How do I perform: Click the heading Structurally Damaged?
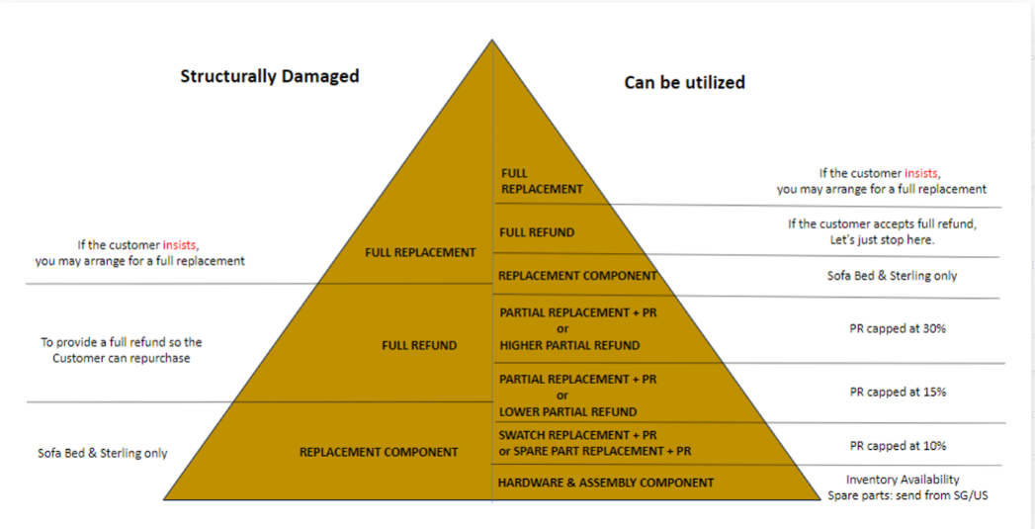point(269,76)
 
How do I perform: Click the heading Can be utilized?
point(684,83)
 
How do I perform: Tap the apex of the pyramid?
point(492,42)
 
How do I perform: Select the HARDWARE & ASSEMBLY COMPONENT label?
point(605,483)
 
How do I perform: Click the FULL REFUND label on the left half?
point(419,345)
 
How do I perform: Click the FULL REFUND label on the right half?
point(537,232)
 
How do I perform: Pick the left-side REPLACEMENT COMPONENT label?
point(379,452)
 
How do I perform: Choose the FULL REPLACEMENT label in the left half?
point(420,252)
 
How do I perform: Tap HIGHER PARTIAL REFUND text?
point(569,345)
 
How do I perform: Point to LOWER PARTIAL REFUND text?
point(567,411)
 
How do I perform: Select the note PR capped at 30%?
point(898,328)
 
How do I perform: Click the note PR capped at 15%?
point(898,392)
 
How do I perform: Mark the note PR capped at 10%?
point(898,446)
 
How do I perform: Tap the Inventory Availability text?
point(903,480)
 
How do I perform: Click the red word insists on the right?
point(921,173)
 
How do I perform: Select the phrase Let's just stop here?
point(882,240)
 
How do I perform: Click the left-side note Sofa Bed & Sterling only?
point(103,453)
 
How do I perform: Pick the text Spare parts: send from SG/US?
point(907,495)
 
